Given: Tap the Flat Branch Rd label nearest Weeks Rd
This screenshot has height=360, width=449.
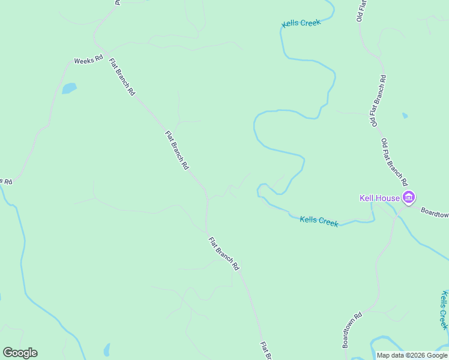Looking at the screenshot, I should [x=122, y=76].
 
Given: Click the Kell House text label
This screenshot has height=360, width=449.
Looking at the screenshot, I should [x=380, y=198].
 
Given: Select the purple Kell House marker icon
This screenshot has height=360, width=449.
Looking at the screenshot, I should [x=409, y=197].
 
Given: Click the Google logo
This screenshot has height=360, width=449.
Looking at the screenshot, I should [x=20, y=352].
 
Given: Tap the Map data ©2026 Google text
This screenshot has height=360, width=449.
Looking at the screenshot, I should [x=412, y=355].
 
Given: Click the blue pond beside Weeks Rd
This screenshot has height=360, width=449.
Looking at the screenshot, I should [x=69, y=88].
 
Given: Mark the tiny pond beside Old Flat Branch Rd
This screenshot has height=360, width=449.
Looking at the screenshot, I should [x=405, y=115].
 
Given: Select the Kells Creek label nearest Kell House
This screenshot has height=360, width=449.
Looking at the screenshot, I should [x=319, y=221].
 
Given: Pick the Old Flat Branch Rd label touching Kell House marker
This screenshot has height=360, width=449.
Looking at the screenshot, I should [x=394, y=162].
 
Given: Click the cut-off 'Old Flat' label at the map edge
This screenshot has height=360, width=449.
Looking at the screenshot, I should [x=361, y=11].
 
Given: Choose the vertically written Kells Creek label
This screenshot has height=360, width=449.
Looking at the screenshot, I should [x=444, y=310].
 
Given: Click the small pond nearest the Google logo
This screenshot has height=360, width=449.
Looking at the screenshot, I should [x=107, y=349].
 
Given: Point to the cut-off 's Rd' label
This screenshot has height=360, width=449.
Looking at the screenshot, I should [x=6, y=181].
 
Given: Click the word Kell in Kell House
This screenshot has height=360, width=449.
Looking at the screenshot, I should [x=367, y=198].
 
